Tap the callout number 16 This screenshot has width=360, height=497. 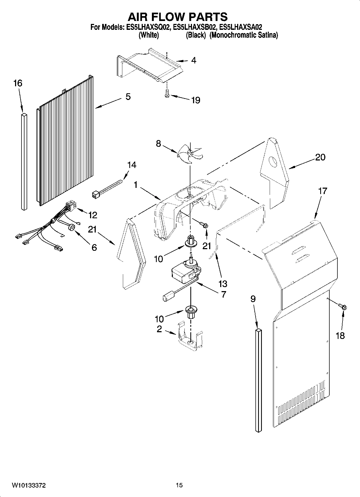click(x=18, y=83)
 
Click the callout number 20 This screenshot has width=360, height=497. click(x=320, y=157)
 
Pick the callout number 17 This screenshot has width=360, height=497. click(x=322, y=191)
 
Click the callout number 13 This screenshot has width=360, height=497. click(x=223, y=283)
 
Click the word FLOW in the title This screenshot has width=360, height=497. click(x=178, y=17)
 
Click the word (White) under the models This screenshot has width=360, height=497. click(x=148, y=35)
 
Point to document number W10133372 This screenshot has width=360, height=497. click(x=28, y=485)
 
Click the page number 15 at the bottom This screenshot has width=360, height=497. click(x=179, y=485)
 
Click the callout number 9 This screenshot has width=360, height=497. click(x=253, y=299)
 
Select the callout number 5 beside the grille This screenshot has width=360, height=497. click(x=128, y=96)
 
